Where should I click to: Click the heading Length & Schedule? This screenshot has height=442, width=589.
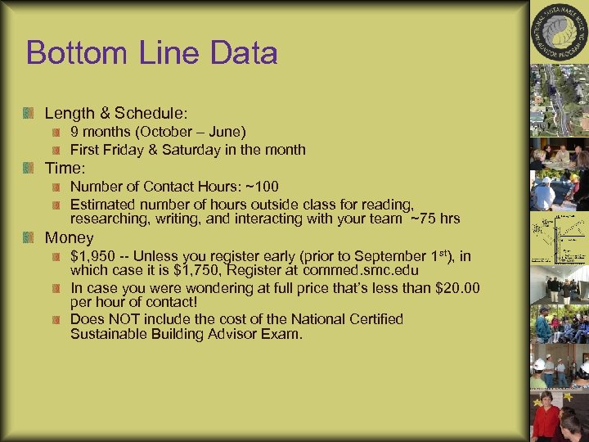point(115,112)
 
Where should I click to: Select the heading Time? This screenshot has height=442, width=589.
point(65,168)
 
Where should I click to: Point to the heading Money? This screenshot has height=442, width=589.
point(69,238)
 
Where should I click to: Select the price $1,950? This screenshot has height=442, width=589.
point(93,256)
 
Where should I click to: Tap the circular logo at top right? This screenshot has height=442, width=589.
point(559,32)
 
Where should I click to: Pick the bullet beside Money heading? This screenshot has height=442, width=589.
point(29,238)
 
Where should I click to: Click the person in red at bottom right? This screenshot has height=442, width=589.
point(546,419)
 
